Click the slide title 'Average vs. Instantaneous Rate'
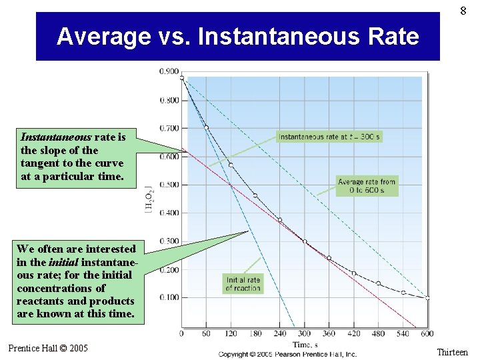pos(238,36)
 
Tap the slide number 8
pos(463,10)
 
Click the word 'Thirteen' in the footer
pos(452,352)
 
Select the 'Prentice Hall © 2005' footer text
pos(48,348)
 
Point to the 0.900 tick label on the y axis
pos(169,71)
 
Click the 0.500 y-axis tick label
pos(169,185)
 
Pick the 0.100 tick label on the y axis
pos(169,297)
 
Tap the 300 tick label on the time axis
pos(304,333)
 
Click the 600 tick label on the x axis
pos(427,333)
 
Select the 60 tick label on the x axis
pos(206,333)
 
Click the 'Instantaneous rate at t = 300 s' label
pos(329,137)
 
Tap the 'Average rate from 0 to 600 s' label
pos(367,186)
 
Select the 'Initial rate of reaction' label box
pos(243,284)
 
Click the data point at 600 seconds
pos(427,298)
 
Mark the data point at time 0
pos(182,78)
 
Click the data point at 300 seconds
pos(305,241)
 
